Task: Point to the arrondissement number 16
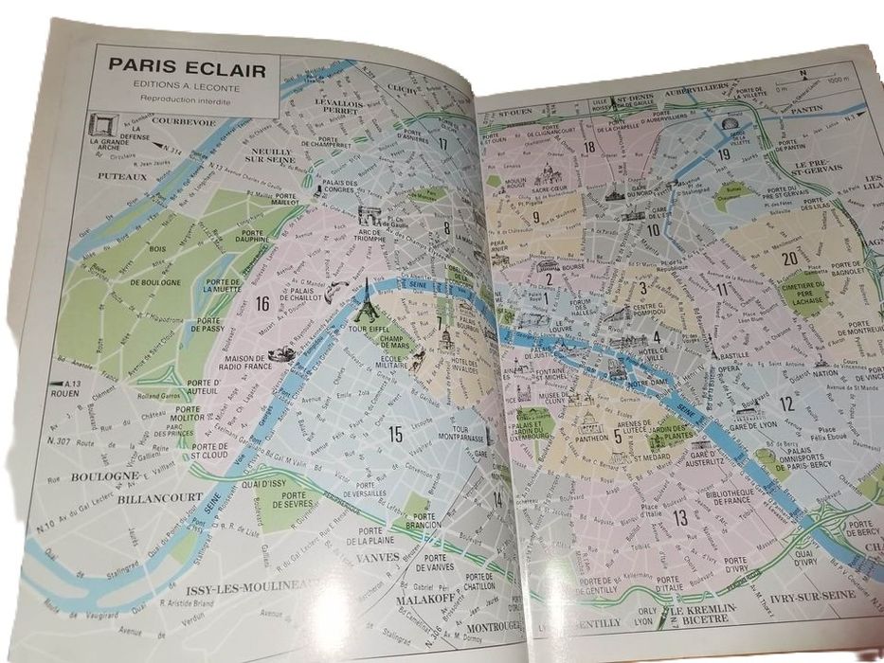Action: click(262, 303)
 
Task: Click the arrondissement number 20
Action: click(788, 258)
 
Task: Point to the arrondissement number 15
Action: click(395, 435)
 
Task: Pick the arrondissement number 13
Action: click(679, 517)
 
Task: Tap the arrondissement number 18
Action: click(588, 146)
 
